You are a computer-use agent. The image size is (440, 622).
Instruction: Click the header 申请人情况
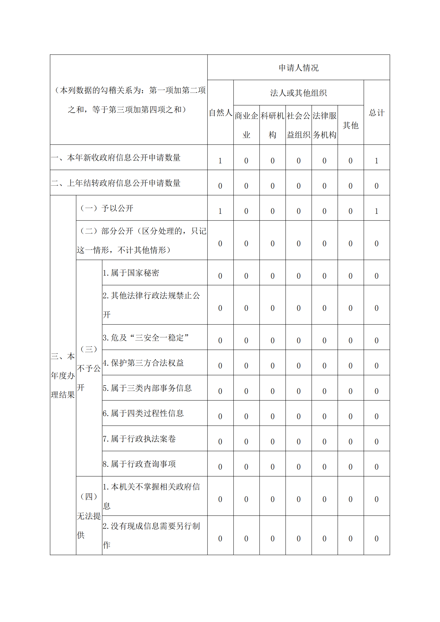[298, 68]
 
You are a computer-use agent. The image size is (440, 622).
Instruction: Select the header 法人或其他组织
[298, 93]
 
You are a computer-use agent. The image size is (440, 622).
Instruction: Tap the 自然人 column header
[220, 112]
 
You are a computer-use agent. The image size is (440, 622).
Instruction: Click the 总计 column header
[377, 112]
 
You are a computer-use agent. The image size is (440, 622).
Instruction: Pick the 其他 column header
[350, 125]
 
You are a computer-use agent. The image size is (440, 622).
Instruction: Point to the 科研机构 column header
[272, 125]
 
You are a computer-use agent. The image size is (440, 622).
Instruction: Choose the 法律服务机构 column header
[324, 125]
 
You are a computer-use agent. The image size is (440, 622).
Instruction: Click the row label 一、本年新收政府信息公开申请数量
[116, 158]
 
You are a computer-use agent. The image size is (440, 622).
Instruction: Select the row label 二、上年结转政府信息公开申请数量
[116, 183]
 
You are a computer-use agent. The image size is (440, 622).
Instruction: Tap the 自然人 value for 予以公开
[220, 211]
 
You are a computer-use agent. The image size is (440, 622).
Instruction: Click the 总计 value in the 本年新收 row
[377, 161]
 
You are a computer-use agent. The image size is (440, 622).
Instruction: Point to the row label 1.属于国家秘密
[131, 273]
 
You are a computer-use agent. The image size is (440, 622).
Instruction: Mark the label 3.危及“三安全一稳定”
[146, 337]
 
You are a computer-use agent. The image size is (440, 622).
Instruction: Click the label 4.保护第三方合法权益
[143, 363]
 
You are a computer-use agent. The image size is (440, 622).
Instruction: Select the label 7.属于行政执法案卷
[139, 439]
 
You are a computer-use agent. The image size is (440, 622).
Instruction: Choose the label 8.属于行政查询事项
[139, 464]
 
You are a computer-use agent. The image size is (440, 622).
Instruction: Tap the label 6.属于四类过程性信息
[143, 413]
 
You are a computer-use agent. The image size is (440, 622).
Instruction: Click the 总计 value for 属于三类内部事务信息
[377, 391]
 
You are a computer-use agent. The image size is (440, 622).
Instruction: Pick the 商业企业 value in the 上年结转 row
[246, 186]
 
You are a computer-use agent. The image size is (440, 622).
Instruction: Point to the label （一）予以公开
[107, 208]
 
